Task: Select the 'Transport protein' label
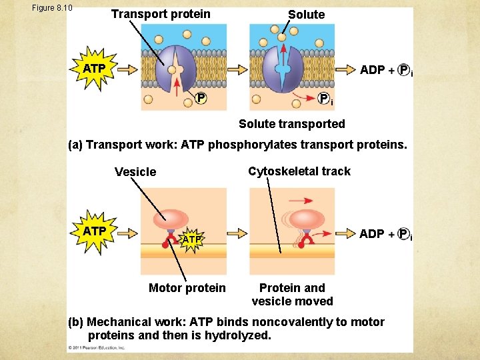click(x=160, y=14)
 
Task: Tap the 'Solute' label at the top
click(x=306, y=14)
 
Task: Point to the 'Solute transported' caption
click(x=292, y=123)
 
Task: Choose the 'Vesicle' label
click(x=135, y=172)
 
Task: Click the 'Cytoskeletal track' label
click(x=299, y=171)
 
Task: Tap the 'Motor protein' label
click(x=187, y=288)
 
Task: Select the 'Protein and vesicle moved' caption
click(x=292, y=294)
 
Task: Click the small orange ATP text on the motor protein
click(x=192, y=239)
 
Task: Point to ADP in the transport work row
click(x=372, y=70)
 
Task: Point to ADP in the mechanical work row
click(x=372, y=233)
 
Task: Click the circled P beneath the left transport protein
click(x=200, y=99)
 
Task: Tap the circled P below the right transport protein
click(x=323, y=99)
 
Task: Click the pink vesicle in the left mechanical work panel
click(x=171, y=219)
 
